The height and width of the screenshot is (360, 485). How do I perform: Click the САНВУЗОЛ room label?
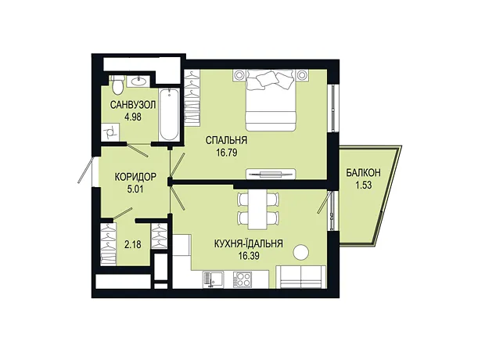click(133, 105)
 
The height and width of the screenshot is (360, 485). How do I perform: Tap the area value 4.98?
click(133, 117)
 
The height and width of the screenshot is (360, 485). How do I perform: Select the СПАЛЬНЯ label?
click(226, 140)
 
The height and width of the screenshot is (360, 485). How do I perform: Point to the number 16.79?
click(227, 153)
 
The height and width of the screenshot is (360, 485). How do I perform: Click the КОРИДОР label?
click(135, 177)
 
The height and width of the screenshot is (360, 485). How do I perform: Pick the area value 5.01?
click(135, 189)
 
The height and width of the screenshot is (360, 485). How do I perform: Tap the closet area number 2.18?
click(133, 245)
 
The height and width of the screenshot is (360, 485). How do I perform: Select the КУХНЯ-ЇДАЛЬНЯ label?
click(249, 243)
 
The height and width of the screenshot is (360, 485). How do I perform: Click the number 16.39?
click(249, 256)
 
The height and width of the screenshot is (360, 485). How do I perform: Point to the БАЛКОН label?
click(363, 173)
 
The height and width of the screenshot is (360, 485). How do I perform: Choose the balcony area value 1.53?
click(363, 185)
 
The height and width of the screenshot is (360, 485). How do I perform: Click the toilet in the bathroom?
click(117, 85)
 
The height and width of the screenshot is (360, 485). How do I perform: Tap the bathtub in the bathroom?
click(169, 114)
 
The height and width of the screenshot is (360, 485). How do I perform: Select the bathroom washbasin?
click(138, 81)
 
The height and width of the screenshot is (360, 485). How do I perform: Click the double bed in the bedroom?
click(271, 100)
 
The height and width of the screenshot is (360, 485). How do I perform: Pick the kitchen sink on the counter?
click(213, 279)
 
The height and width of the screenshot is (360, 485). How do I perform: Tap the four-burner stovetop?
click(242, 279)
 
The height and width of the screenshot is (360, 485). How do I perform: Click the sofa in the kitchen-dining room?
click(300, 277)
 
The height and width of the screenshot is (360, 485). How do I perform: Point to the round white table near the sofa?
click(300, 253)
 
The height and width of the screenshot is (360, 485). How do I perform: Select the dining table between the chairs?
click(258, 209)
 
